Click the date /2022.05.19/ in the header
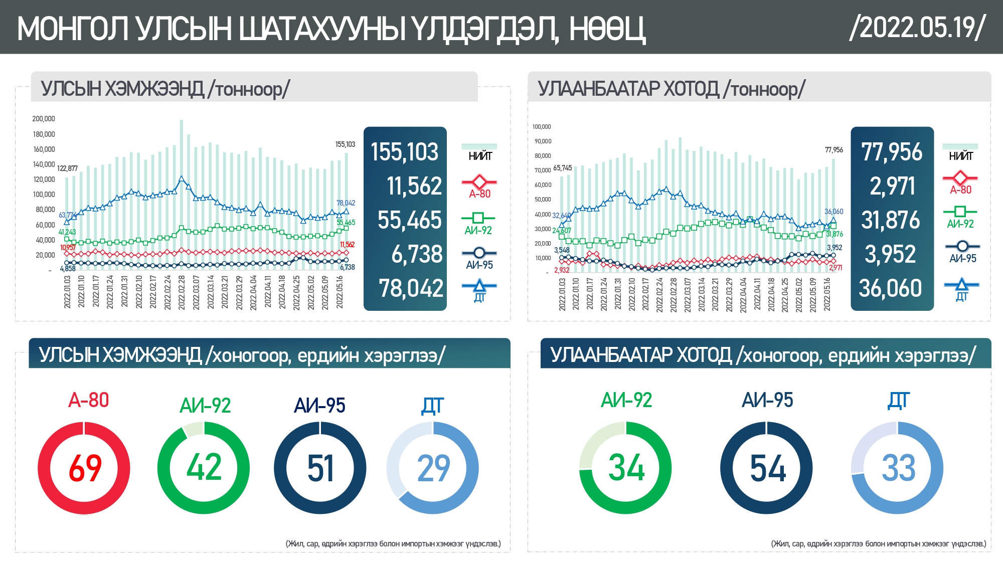pos(917,27)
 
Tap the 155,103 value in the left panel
pos(404,152)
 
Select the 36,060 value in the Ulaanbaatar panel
pos(891,288)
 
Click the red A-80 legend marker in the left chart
pos(479,182)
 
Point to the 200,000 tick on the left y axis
pos(44,119)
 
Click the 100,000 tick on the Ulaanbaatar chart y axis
pos(542,127)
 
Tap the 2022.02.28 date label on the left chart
pos(182,292)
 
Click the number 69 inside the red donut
pos(84,468)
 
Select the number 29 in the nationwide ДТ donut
pos(433,468)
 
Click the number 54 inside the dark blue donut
pos(767,468)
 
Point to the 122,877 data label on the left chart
pos(67,168)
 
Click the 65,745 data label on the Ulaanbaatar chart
pos(562,168)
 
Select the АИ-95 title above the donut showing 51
pos(319,406)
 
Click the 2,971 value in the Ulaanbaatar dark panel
pos(892,186)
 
